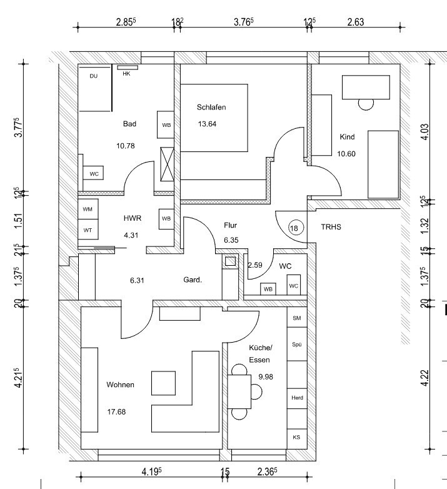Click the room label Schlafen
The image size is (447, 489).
point(211,108)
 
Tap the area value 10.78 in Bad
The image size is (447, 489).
point(125,146)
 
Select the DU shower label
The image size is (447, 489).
point(94,76)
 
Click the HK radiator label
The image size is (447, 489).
point(126,74)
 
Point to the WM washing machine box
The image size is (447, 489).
point(88,209)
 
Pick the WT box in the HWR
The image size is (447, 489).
point(88,229)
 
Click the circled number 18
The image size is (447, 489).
point(294,228)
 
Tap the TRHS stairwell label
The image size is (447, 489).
point(331,227)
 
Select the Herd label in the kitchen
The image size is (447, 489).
point(297,398)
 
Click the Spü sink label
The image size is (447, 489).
point(297,345)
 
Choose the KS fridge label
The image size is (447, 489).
point(296,437)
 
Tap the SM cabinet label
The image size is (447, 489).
point(297,318)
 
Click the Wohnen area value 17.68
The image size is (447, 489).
point(116,411)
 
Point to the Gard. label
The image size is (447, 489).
point(193,280)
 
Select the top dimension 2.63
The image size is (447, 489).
point(355,22)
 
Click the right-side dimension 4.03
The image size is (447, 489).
point(425,132)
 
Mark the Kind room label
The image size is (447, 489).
point(347,136)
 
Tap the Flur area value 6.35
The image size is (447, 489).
point(231,240)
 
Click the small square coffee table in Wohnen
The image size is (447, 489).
point(163,383)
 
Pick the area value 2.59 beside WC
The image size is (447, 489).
point(255,265)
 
